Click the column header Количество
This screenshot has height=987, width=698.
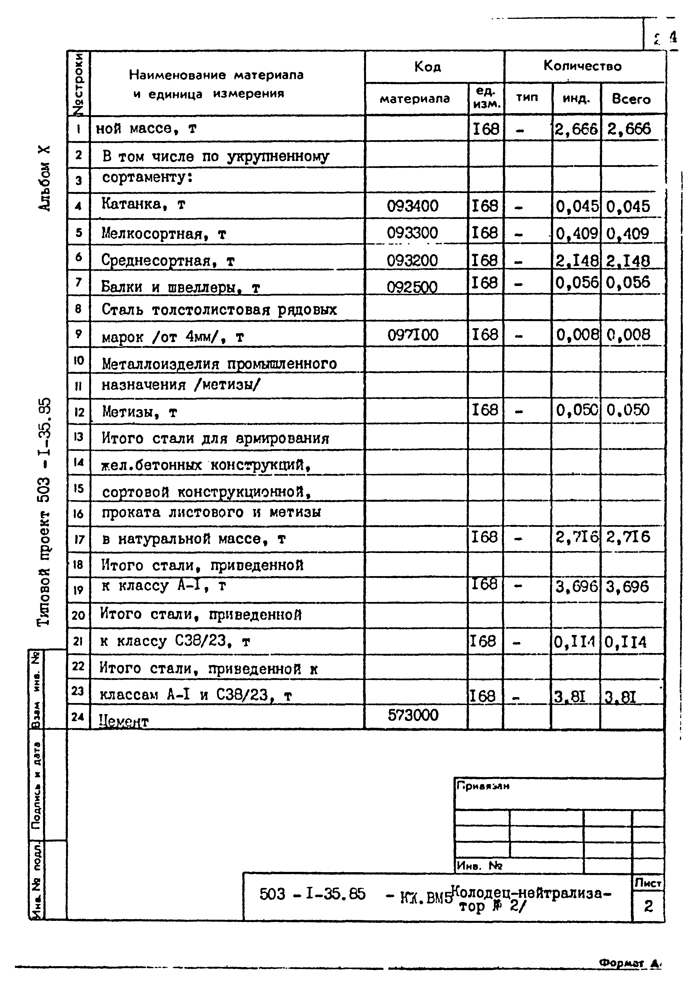582,66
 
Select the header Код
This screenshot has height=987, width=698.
427,67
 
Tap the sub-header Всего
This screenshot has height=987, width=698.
631,99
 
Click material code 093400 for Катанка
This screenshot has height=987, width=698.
413,206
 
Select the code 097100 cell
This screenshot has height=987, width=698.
413,335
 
